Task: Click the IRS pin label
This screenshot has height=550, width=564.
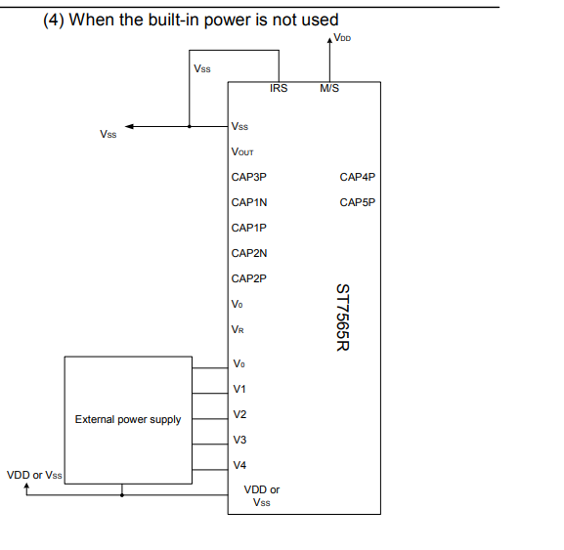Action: (279, 89)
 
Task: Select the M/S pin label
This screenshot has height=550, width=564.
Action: (328, 89)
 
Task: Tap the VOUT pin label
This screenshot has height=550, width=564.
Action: (243, 151)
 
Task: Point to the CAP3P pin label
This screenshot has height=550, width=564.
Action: (249, 177)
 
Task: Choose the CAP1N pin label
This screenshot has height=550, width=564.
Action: (249, 202)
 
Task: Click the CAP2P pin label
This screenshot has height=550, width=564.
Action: (249, 278)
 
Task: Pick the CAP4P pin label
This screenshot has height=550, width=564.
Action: (357, 177)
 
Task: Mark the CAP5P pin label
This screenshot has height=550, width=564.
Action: (357, 202)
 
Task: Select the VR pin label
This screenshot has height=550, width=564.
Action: (239, 329)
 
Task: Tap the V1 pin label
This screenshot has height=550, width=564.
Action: (239, 389)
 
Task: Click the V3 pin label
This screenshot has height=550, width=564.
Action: (239, 440)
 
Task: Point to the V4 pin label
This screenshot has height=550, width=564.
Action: (239, 465)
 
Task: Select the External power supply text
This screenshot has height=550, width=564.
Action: (128, 419)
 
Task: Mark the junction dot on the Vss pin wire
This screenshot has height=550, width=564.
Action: (190, 126)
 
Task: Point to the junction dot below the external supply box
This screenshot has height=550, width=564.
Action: (122, 494)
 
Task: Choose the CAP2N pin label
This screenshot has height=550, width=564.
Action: (249, 253)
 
